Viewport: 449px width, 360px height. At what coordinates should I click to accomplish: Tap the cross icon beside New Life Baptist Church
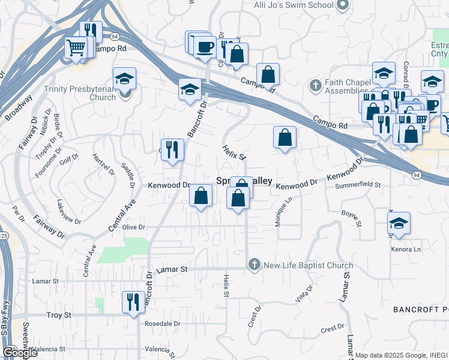tap(255, 265)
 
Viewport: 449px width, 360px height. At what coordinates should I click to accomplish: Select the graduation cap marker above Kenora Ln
tap(399, 223)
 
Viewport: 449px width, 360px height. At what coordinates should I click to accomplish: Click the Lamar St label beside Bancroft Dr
tap(172, 270)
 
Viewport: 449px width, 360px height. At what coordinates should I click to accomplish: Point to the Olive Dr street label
tap(133, 227)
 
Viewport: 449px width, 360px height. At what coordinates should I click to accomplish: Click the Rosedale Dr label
tap(163, 323)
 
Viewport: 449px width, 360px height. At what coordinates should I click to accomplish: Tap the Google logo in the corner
tap(20, 353)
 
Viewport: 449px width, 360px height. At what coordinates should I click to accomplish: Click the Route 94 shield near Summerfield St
tap(416, 174)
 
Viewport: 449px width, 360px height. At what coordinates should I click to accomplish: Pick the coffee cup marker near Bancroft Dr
tap(205, 47)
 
